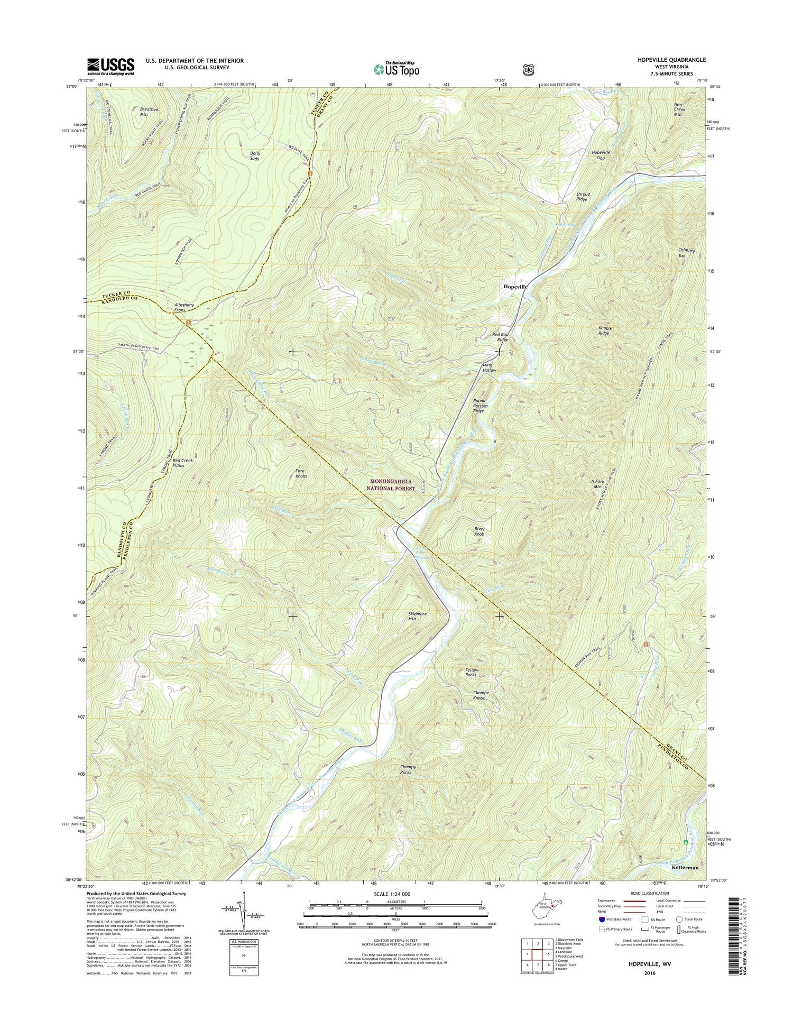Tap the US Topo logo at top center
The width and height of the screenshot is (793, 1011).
click(396, 69)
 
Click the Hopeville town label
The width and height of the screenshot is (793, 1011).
click(515, 286)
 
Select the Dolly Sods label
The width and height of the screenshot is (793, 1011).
click(255, 156)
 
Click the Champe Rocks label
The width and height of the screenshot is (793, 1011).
click(407, 769)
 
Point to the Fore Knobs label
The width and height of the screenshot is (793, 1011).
click(301, 473)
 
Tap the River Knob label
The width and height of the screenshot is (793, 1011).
click(479, 531)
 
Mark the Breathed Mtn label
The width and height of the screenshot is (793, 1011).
click(149, 112)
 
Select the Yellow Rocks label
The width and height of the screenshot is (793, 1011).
click(471, 672)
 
